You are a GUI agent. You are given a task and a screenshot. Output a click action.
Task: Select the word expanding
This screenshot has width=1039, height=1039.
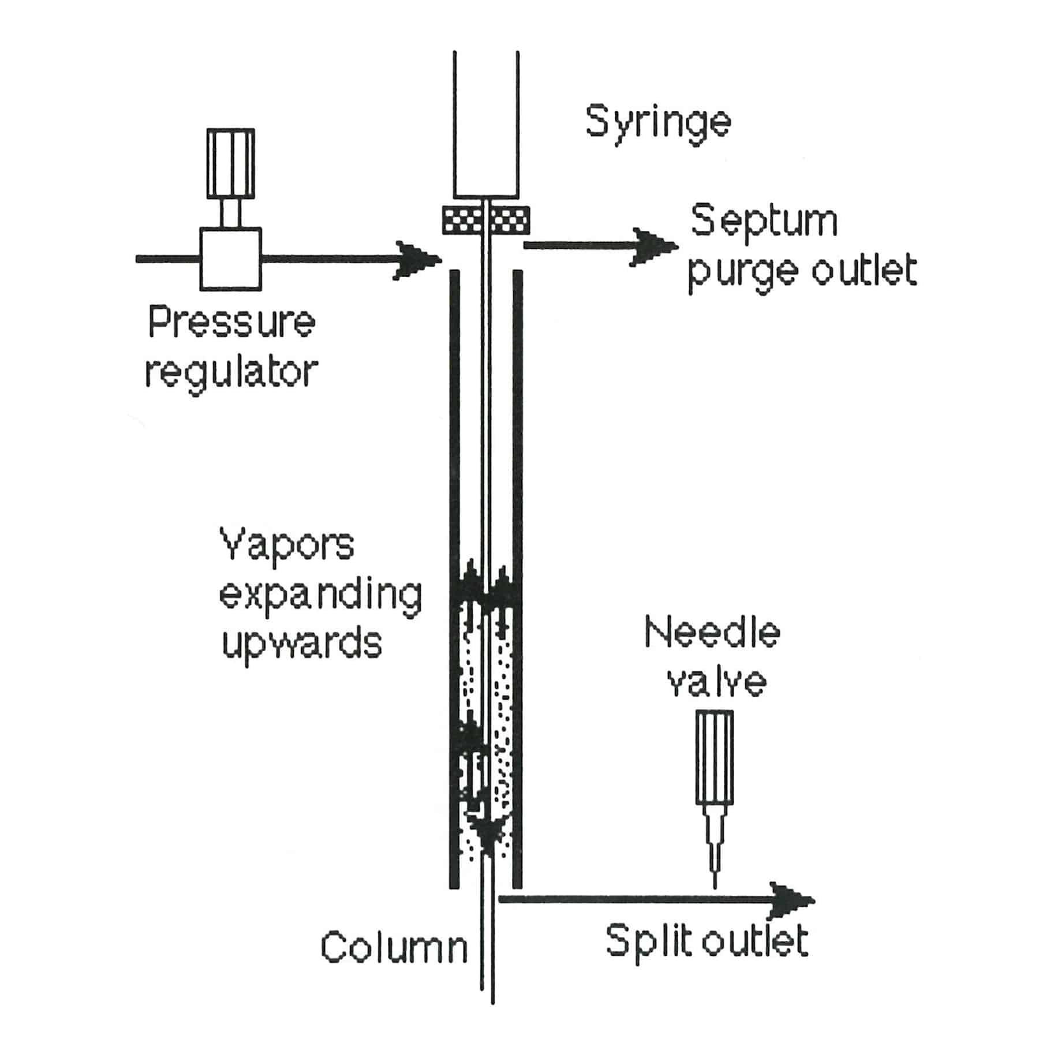(x=320, y=597)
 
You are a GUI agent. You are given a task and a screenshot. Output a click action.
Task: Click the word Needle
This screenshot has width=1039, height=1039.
(x=712, y=633)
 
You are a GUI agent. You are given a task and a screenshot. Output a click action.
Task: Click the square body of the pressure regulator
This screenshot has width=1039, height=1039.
(x=230, y=259)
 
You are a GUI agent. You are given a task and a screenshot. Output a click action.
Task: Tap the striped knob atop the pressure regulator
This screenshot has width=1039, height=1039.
(x=230, y=163)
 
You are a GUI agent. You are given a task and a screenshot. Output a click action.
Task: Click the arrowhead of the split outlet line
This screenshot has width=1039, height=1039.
(x=792, y=900)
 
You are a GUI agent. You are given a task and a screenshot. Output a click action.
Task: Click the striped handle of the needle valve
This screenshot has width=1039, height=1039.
(x=715, y=757)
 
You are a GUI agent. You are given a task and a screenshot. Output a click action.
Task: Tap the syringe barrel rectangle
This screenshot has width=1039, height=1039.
(x=486, y=124)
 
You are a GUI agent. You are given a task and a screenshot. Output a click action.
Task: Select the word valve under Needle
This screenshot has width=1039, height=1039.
(x=716, y=683)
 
